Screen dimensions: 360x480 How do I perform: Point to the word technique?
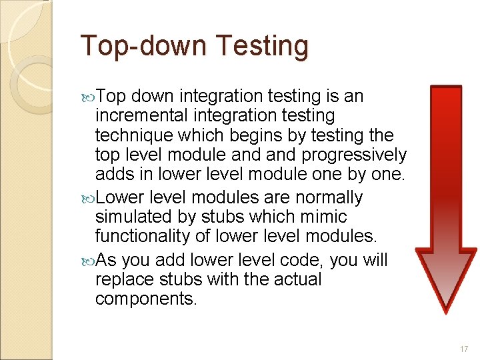pos(132,136)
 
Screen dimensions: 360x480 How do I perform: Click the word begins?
pos(257,136)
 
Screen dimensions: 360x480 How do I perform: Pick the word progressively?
pos(353,156)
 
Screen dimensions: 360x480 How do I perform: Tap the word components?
pos(146,299)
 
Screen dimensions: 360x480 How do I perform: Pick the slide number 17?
pos(464,349)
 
